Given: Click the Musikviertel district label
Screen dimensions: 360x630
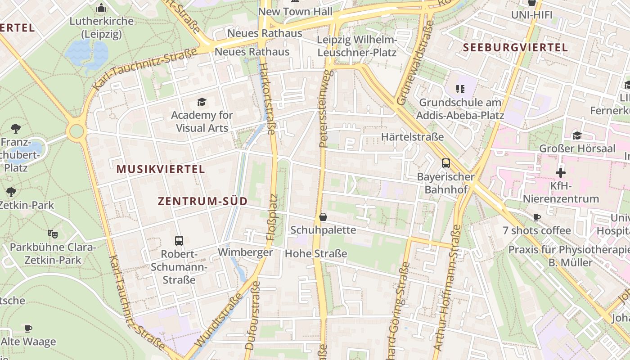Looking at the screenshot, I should pyautogui.click(x=161, y=170).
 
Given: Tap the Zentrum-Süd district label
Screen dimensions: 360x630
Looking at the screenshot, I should pyautogui.click(x=202, y=202).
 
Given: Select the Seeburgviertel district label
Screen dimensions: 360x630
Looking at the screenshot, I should pyautogui.click(x=515, y=48).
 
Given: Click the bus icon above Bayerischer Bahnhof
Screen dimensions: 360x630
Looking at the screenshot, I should pyautogui.click(x=445, y=163).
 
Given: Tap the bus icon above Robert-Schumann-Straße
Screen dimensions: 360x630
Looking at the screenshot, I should pyautogui.click(x=179, y=241).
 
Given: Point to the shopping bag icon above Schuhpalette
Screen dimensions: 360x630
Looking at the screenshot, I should pyautogui.click(x=323, y=217).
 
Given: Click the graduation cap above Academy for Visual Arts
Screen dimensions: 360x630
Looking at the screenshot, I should pyautogui.click(x=202, y=102).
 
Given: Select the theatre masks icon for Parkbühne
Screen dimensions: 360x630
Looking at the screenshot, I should pyautogui.click(x=53, y=234).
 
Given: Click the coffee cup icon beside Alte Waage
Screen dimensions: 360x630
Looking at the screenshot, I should pyautogui.click(x=28, y=328).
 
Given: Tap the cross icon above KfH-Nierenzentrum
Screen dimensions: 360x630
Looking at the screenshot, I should pyautogui.click(x=560, y=173).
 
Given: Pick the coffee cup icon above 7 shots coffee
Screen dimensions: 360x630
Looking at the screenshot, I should pyautogui.click(x=536, y=218).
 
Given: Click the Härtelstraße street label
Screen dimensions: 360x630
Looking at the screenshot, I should pyautogui.click(x=412, y=137).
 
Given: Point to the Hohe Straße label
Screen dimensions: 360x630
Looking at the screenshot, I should pyautogui.click(x=316, y=254).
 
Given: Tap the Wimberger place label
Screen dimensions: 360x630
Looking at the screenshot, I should pyautogui.click(x=245, y=252).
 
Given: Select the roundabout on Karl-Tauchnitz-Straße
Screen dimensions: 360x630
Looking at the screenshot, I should pyautogui.click(x=76, y=132).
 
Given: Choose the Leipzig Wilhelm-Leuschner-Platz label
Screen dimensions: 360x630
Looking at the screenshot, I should pyautogui.click(x=357, y=46).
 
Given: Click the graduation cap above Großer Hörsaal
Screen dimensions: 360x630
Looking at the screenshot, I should pyautogui.click(x=576, y=135).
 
